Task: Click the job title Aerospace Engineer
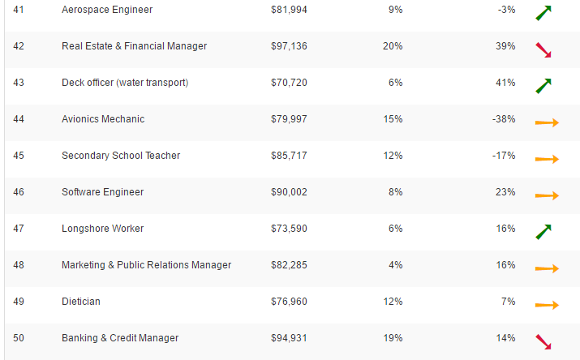tap(107, 10)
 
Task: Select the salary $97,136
tap(289, 46)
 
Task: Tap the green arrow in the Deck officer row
tap(543, 85)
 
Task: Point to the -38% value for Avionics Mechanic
tap(503, 119)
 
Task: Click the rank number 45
tap(19, 156)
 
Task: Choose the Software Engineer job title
tap(103, 192)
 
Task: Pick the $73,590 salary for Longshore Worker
tap(289, 229)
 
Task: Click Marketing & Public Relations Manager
tap(147, 265)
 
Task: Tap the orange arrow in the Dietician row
tap(547, 306)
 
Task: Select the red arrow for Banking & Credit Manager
tap(543, 342)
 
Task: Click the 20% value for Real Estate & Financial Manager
tap(393, 46)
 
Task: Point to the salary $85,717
tap(289, 156)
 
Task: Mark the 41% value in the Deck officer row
tap(505, 83)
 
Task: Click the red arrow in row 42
tap(543, 50)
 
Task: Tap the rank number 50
tap(19, 338)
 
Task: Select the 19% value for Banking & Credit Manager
tap(393, 338)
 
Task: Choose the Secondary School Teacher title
tap(121, 156)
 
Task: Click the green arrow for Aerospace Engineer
tap(543, 13)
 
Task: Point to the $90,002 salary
tap(289, 192)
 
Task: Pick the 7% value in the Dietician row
tap(509, 302)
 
